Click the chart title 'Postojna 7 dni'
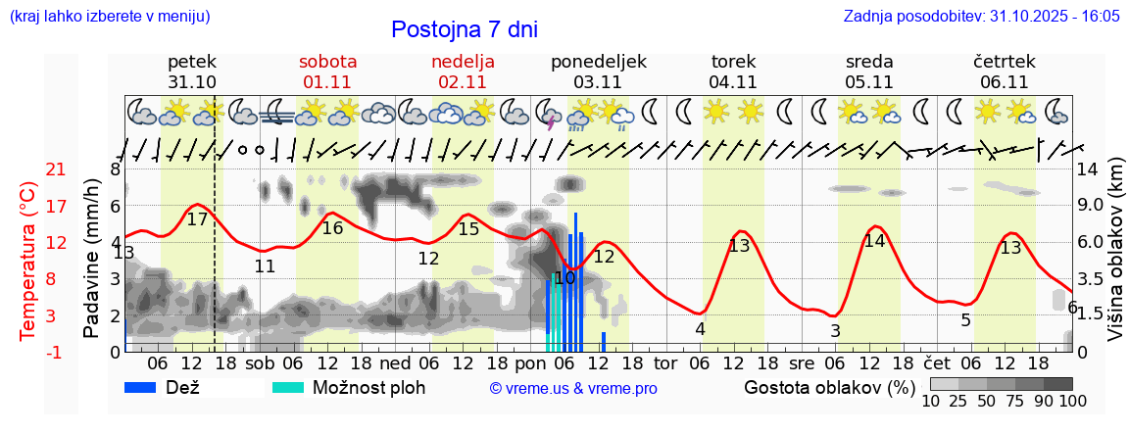pyautogui.click(x=465, y=29)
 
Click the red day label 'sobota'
pyautogui.click(x=327, y=62)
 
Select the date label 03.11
pyautogui.click(x=598, y=82)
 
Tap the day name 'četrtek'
pyautogui.click(x=1004, y=62)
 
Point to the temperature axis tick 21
pyautogui.click(x=29, y=170)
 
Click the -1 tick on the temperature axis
pyautogui.click(x=29, y=352)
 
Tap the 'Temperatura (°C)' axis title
pyautogui.click(x=29, y=261)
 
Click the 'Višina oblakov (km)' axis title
pyautogui.click(x=1115, y=261)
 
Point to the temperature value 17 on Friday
pyautogui.click(x=197, y=219)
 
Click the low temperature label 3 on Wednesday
pyautogui.click(x=835, y=331)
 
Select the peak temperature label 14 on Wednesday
pyautogui.click(x=874, y=241)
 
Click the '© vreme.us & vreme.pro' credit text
pyautogui.click(x=573, y=388)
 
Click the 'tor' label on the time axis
pyautogui.click(x=665, y=363)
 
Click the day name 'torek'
pyautogui.click(x=733, y=62)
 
